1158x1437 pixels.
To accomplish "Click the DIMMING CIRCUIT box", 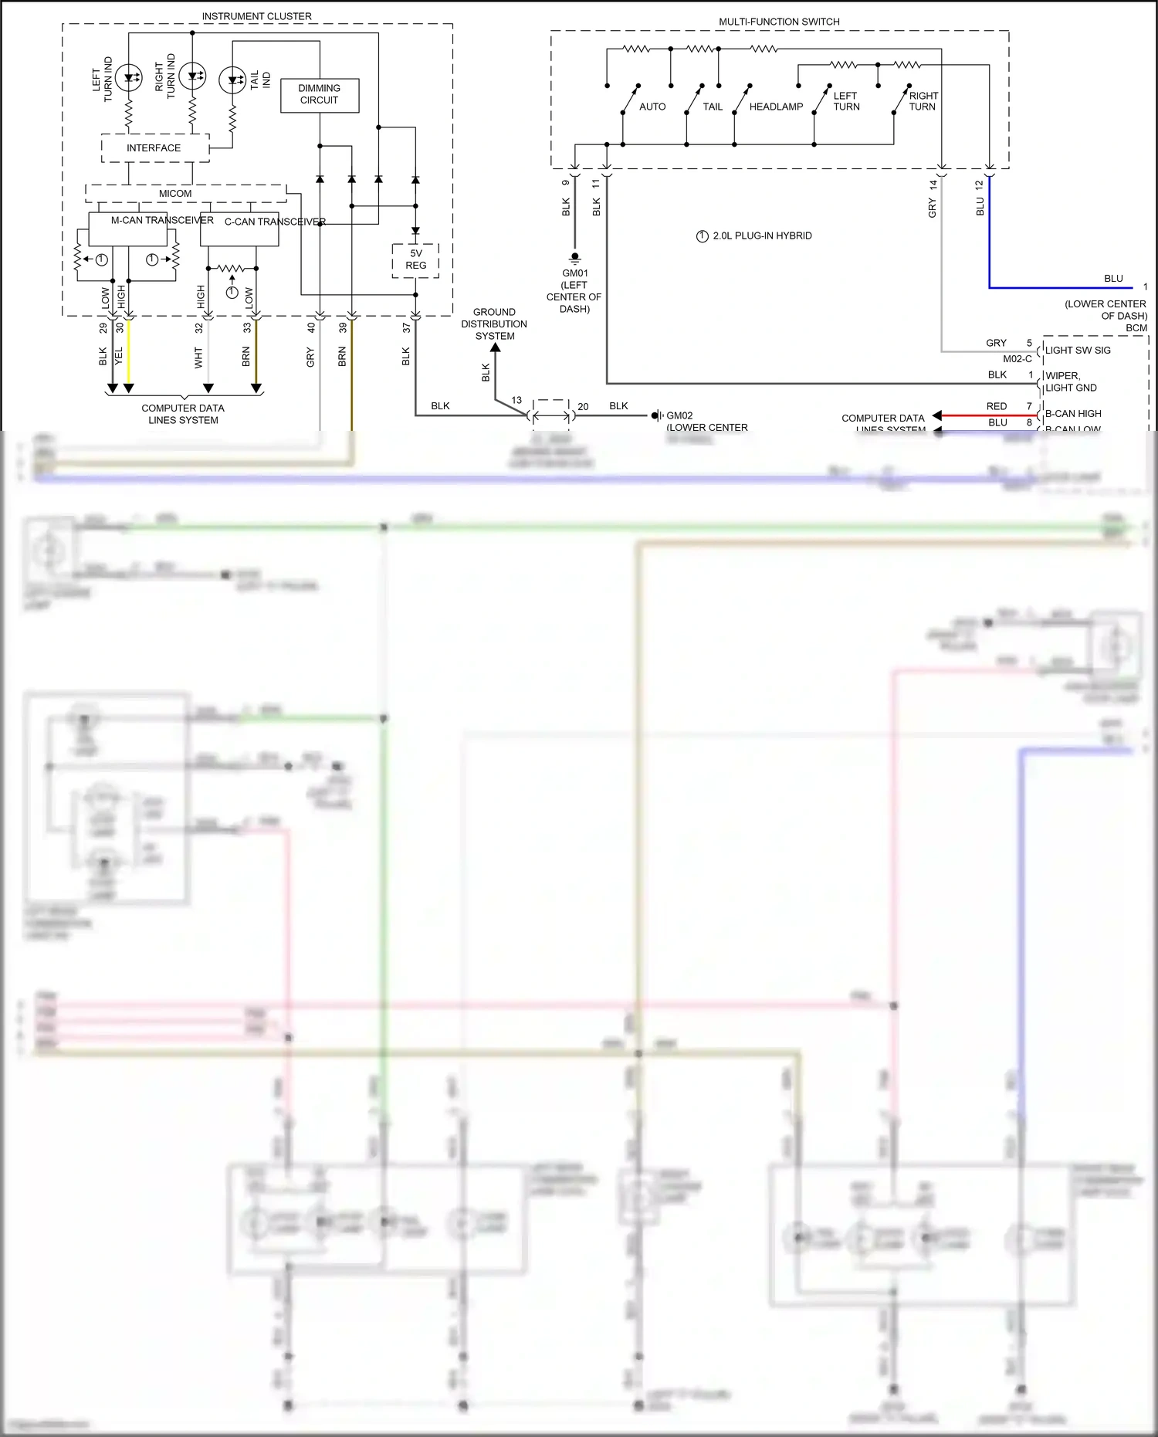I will coord(320,95).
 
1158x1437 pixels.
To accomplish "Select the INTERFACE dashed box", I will coord(154,147).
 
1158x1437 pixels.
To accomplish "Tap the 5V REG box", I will coord(415,260).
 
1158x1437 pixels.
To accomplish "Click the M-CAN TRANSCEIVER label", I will coord(162,220).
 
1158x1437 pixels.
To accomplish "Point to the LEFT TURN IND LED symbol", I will coord(128,76).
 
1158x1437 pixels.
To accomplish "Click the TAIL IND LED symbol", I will coord(232,80).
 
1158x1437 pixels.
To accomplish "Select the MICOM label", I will coord(175,193).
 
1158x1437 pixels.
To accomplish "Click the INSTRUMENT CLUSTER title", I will coord(256,16).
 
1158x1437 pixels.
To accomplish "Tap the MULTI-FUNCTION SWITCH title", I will coord(779,22).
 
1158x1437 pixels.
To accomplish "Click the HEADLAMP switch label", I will coord(776,107).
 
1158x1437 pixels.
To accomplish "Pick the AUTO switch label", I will coord(652,107).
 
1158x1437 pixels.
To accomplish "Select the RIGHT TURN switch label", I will coord(923,101).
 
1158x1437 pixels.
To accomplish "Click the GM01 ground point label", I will coord(574,273).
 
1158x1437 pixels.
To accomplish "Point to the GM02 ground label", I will coord(679,415).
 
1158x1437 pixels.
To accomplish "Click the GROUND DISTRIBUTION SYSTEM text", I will coord(494,324).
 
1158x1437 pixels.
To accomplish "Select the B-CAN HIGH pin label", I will coord(1073,414).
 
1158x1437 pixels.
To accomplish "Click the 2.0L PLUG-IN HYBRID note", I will coord(762,236).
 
